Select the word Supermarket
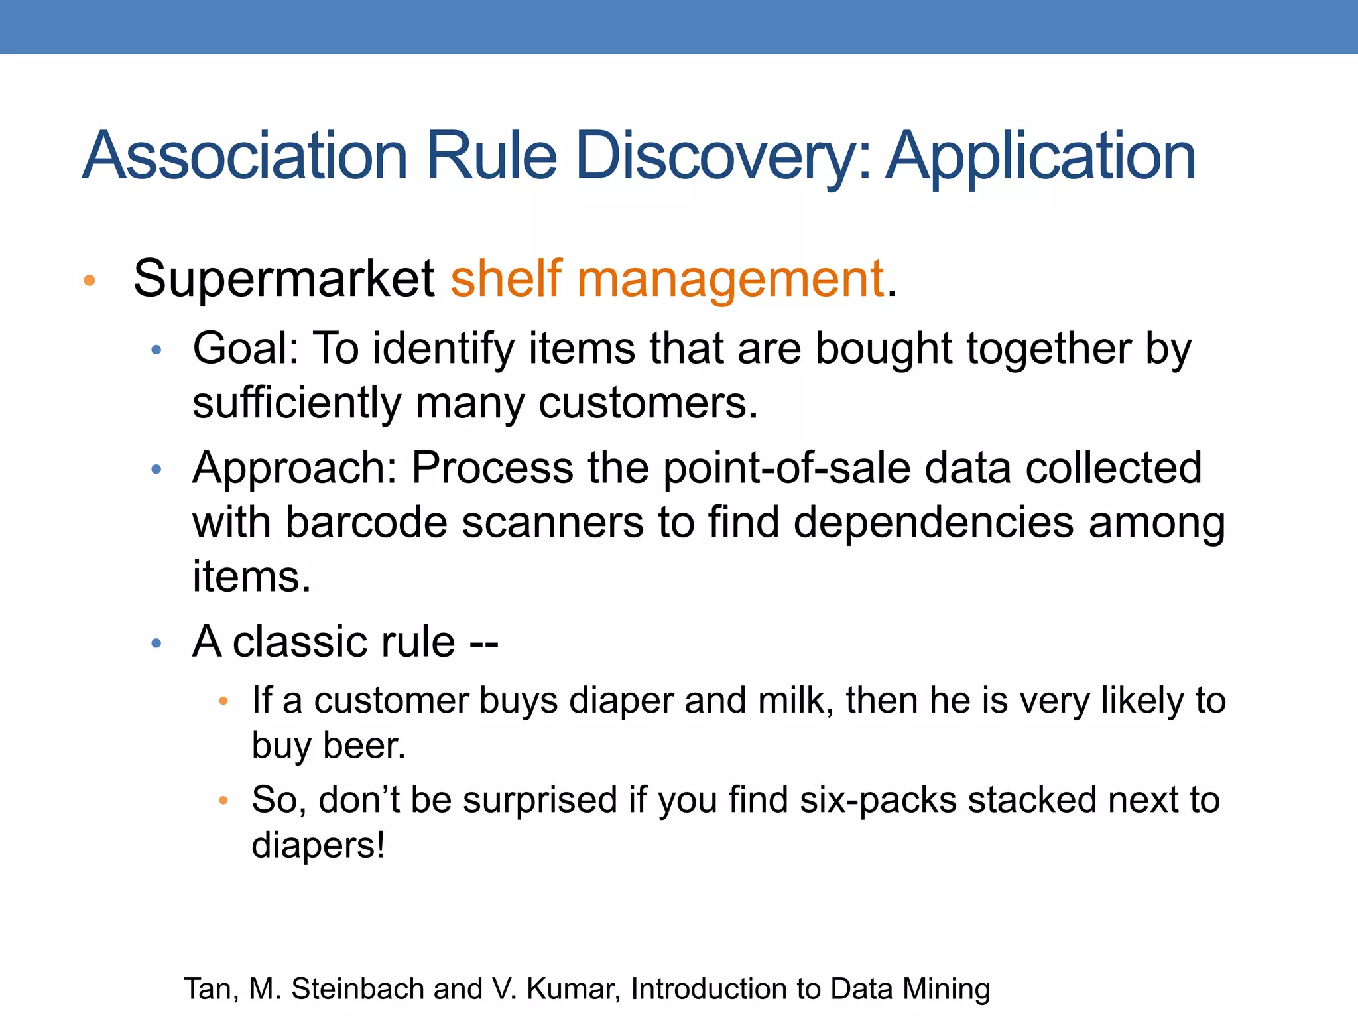click(x=284, y=279)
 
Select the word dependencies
click(x=934, y=523)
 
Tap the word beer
click(x=363, y=746)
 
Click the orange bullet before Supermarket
click(x=90, y=281)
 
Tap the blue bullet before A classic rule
click(x=156, y=643)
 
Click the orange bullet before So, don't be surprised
click(x=223, y=801)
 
